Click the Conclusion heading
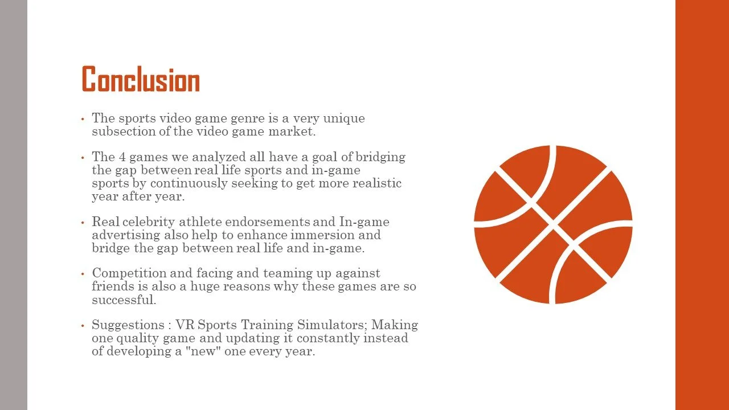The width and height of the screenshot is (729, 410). pyautogui.click(x=141, y=80)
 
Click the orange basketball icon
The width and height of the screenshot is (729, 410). pyautogui.click(x=553, y=224)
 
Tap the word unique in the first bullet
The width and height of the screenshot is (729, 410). pyautogui.click(x=344, y=118)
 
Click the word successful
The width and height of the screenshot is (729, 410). pyautogui.click(x=124, y=300)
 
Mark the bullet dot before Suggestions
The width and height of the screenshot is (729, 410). pyautogui.click(x=83, y=326)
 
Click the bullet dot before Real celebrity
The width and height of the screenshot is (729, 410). pyautogui.click(x=83, y=222)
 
